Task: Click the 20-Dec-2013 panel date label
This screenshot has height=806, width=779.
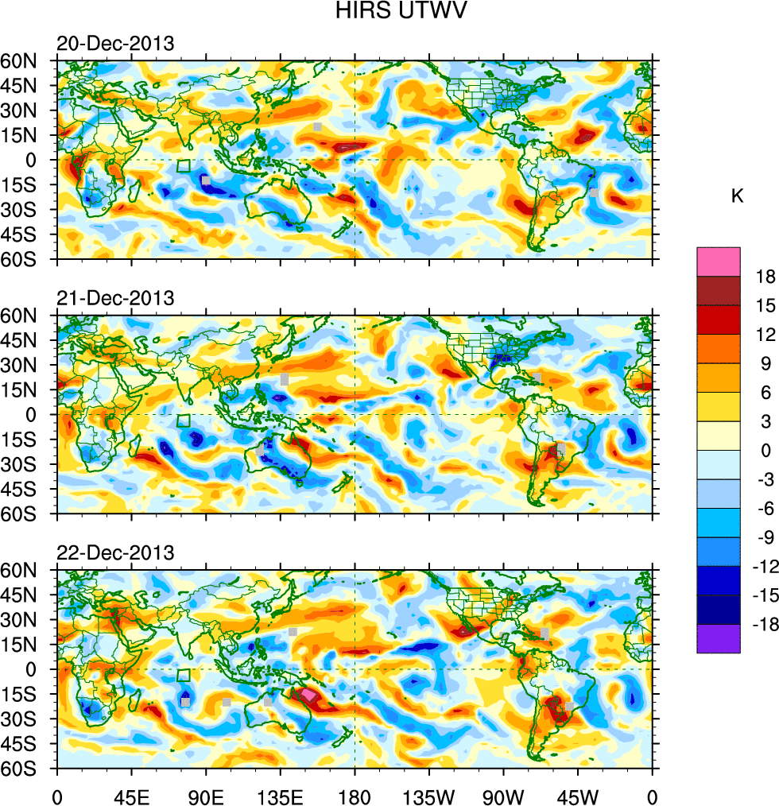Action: pos(114,44)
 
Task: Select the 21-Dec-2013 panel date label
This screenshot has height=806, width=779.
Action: pos(114,298)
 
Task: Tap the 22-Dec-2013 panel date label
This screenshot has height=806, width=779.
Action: pos(114,552)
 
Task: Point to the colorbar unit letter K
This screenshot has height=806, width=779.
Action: pos(738,196)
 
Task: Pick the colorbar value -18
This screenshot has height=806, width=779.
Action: pos(761,626)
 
